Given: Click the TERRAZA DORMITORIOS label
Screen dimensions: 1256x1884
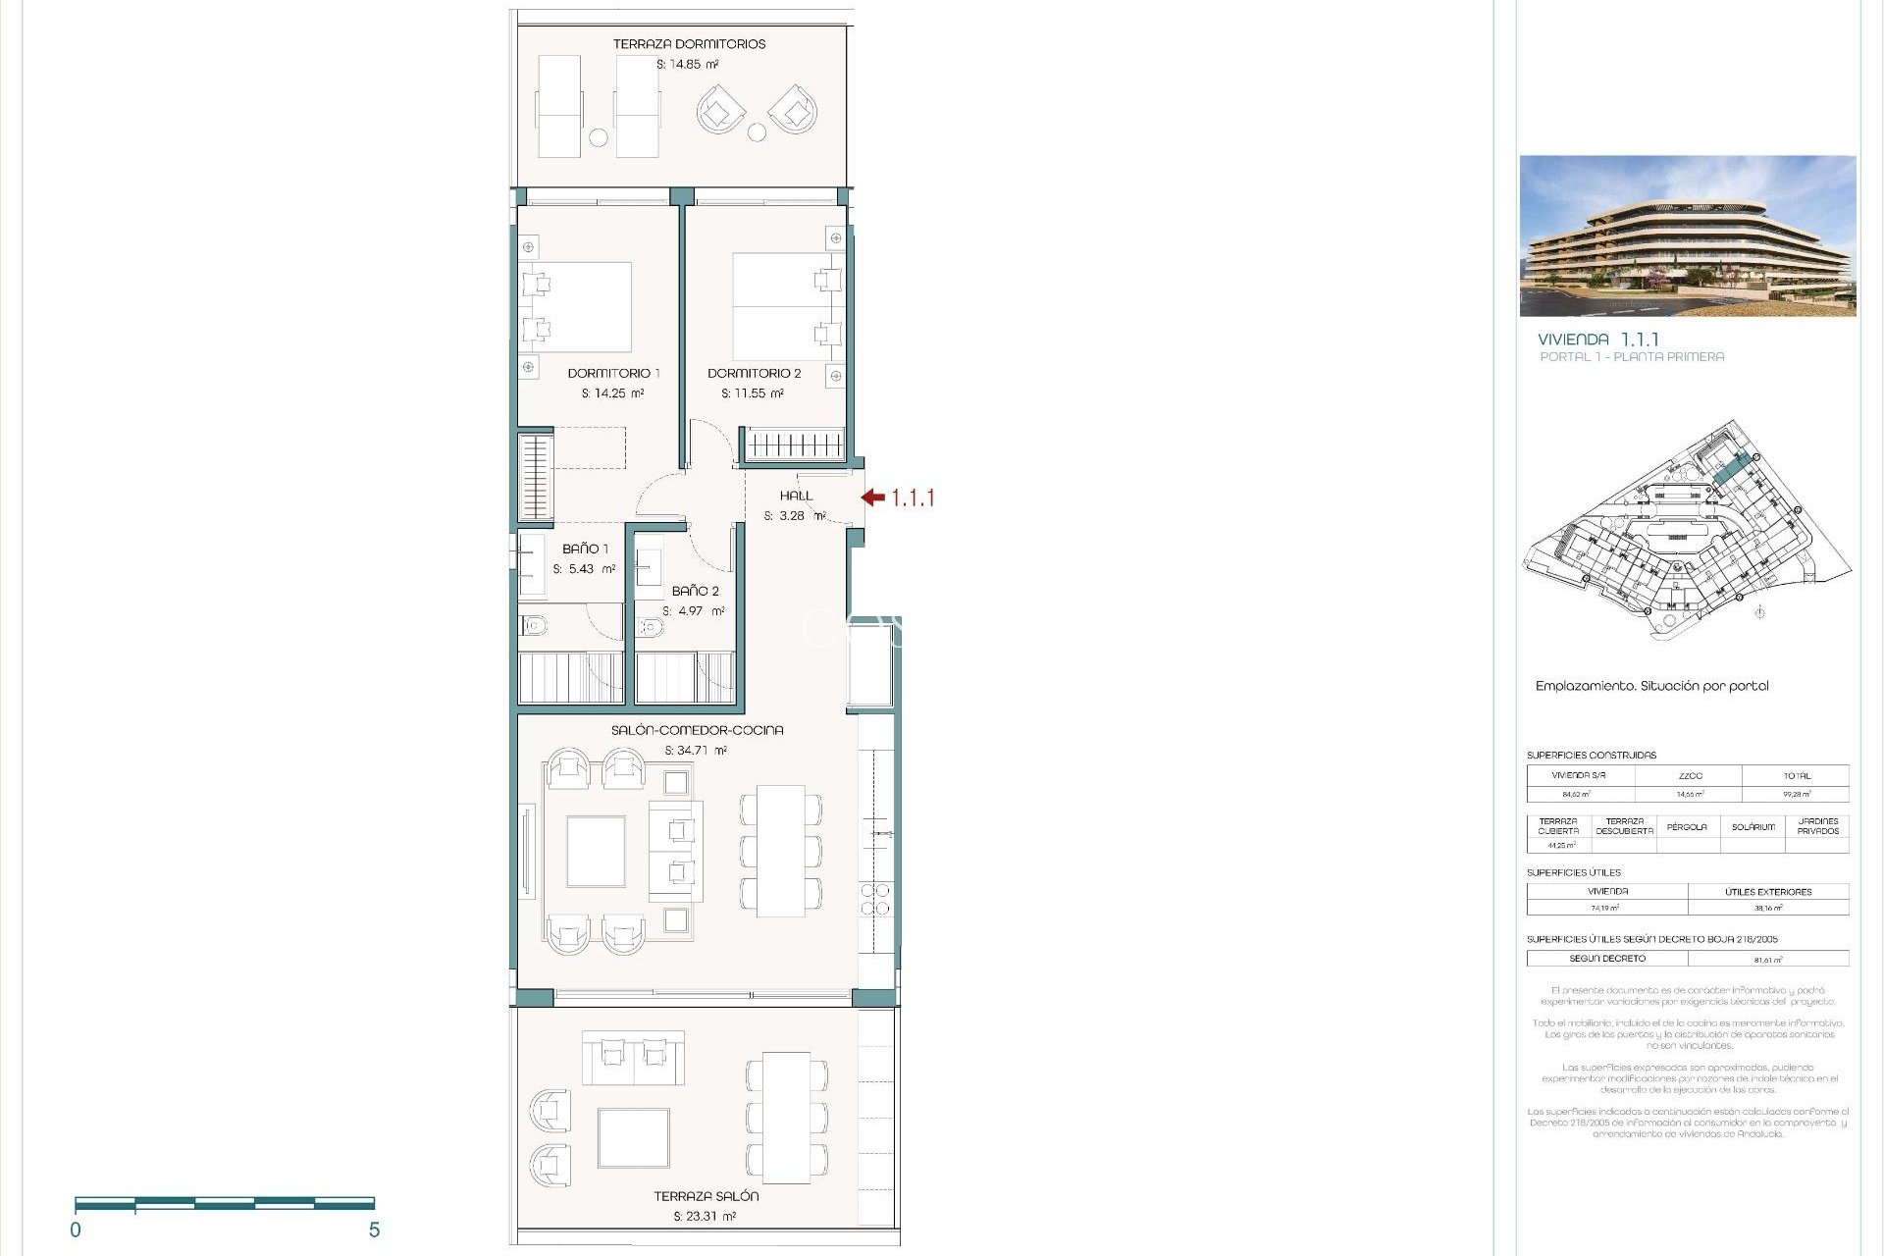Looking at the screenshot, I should click(x=689, y=44).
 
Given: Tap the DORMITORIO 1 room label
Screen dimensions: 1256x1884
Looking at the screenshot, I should click(x=613, y=373).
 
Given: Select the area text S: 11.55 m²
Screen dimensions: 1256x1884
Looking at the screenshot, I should click(x=752, y=393).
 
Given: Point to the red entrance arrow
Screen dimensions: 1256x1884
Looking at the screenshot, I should click(x=872, y=497).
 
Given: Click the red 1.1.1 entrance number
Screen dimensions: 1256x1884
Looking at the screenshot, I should click(x=913, y=498).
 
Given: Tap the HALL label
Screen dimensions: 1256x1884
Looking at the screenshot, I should click(x=796, y=496).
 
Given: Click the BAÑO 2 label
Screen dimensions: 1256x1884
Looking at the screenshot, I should click(x=695, y=591).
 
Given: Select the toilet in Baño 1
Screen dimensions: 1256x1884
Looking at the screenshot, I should click(x=534, y=624).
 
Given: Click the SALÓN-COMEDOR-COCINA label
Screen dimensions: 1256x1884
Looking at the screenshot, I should click(x=697, y=730).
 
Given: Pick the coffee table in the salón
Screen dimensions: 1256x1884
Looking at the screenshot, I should click(x=596, y=851).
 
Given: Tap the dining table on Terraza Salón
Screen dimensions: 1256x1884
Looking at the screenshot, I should click(x=786, y=1117).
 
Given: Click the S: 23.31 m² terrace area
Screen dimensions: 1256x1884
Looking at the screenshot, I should click(x=705, y=1216).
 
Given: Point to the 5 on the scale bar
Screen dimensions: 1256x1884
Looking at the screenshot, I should click(x=374, y=1230).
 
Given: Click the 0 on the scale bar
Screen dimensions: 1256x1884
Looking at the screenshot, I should click(x=76, y=1230).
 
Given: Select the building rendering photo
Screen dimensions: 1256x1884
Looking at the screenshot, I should click(x=1687, y=235).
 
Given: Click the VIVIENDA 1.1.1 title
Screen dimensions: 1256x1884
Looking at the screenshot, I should click(x=1597, y=339).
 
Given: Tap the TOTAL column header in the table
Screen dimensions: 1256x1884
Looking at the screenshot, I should click(x=1796, y=775).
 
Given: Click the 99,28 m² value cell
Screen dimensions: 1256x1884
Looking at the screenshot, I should click(x=1796, y=794).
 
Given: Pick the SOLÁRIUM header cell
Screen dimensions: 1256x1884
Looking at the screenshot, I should click(x=1753, y=826).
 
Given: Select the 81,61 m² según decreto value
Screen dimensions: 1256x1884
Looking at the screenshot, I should click(x=1768, y=959).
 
